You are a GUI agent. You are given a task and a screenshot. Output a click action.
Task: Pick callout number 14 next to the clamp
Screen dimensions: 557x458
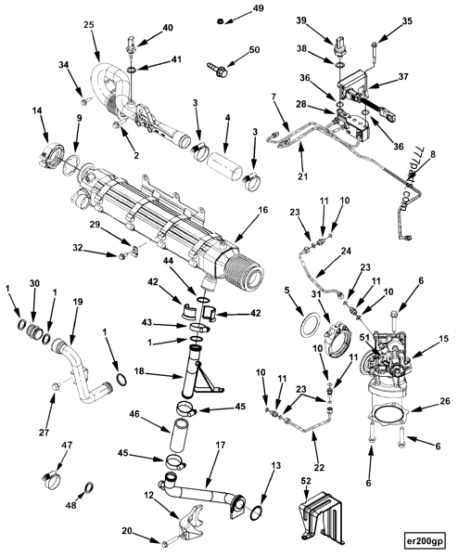pos(37,111)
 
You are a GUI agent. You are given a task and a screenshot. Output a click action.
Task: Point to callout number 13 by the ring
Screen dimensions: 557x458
pos(274,466)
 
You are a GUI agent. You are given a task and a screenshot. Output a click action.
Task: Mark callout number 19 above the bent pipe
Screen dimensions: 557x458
pos(78,302)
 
